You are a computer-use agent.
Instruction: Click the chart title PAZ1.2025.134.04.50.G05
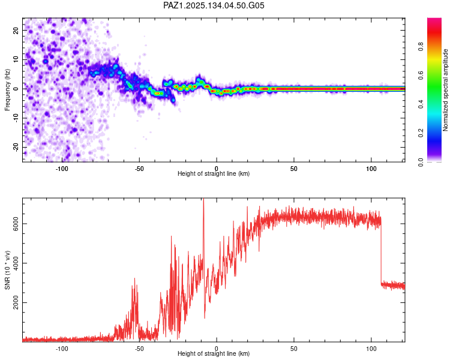tap(214, 5)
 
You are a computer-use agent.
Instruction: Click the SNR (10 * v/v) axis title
tap(8, 269)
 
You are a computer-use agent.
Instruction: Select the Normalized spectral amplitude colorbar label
tap(445, 91)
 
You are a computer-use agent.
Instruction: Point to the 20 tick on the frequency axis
tap(16, 29)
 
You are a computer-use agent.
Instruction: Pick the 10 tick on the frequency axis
tap(16, 59)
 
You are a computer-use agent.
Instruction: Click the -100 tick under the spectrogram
tap(62, 168)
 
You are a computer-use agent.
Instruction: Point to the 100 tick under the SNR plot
tap(371, 348)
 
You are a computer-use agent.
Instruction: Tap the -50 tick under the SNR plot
tap(139, 348)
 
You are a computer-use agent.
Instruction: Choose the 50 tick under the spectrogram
tap(294, 168)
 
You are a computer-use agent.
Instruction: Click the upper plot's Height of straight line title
tap(214, 174)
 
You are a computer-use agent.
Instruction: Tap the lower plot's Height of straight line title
tap(214, 354)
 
